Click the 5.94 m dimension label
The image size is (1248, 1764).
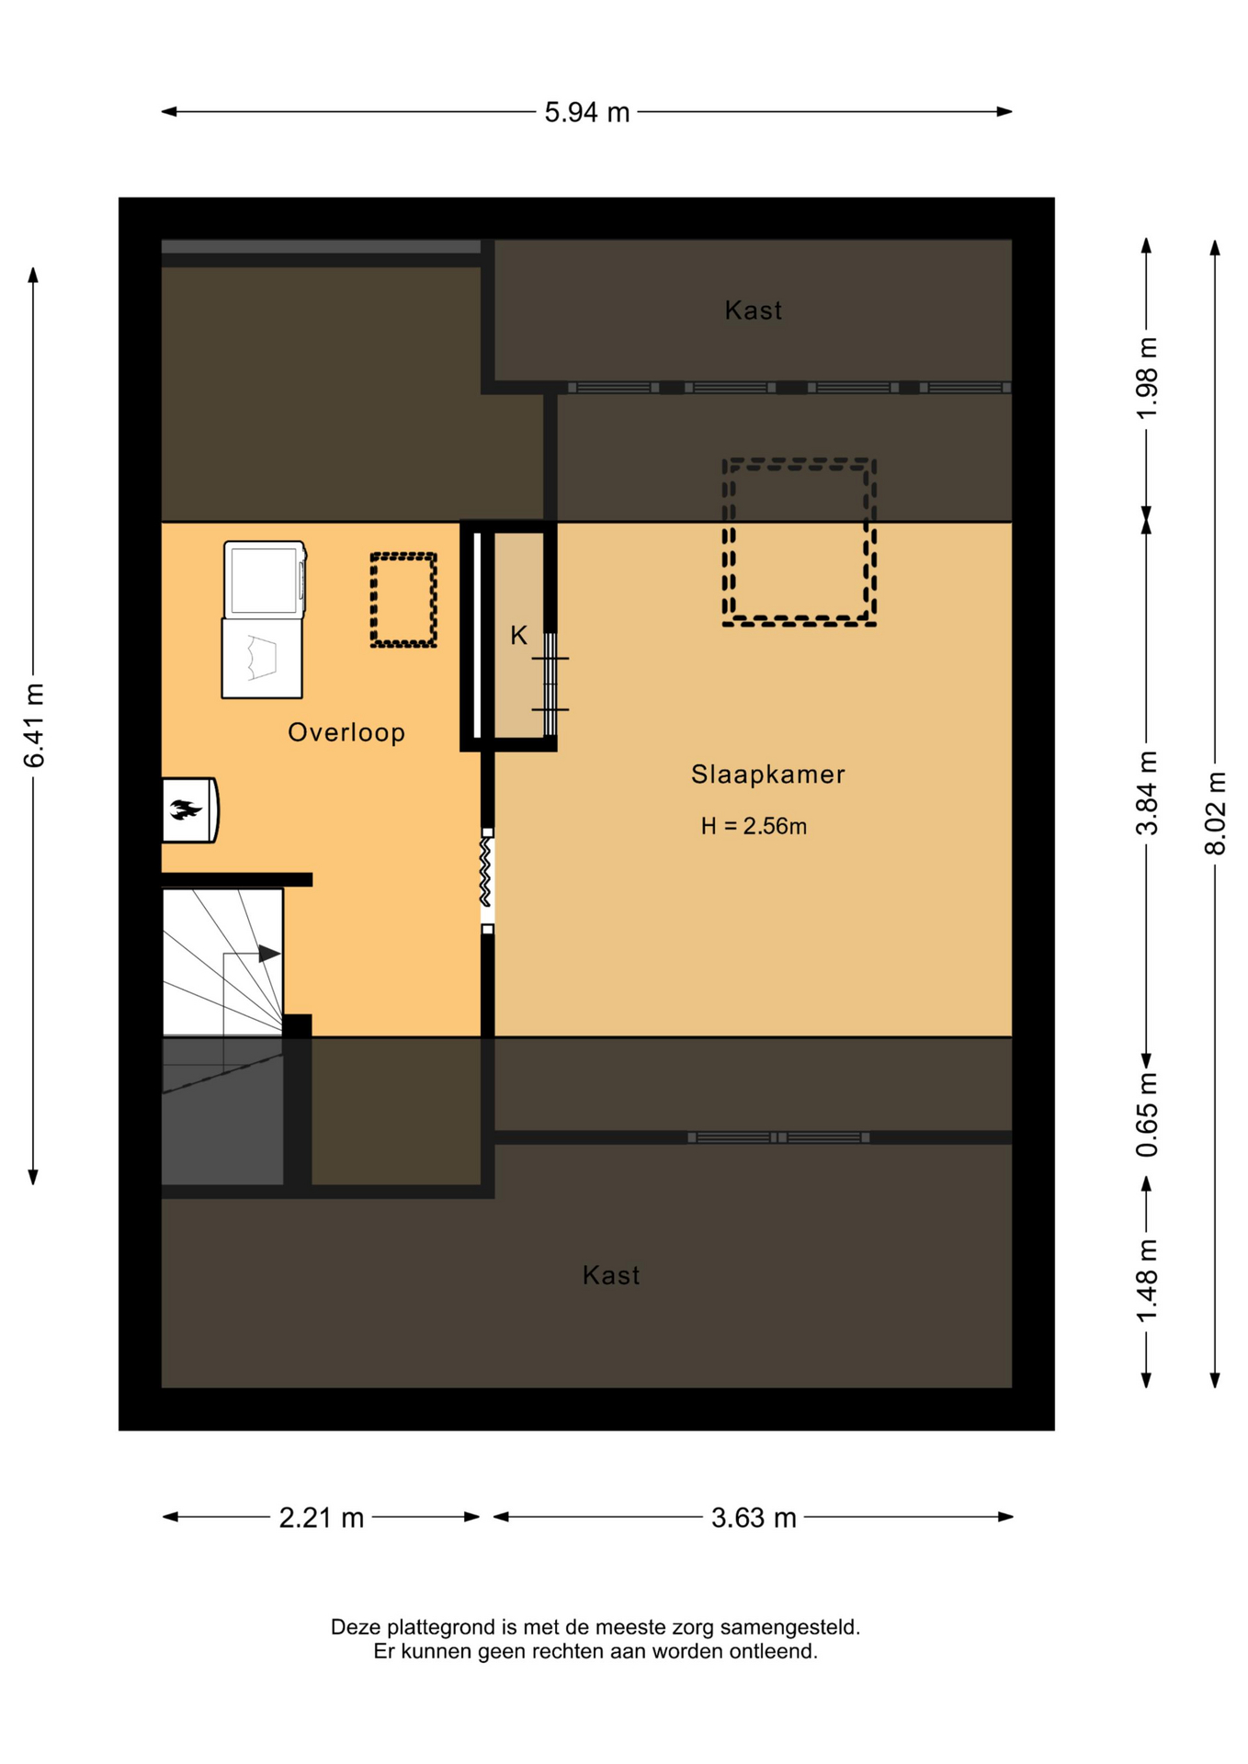(x=586, y=112)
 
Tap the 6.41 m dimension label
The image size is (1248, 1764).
(x=34, y=725)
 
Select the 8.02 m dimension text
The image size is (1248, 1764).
(x=1215, y=813)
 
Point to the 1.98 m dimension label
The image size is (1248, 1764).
(x=1147, y=378)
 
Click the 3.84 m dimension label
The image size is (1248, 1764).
(x=1147, y=793)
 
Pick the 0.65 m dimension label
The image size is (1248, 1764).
(x=1147, y=1114)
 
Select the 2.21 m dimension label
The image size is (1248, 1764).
(x=322, y=1518)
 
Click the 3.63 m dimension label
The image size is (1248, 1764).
(x=754, y=1518)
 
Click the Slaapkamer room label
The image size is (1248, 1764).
(x=767, y=775)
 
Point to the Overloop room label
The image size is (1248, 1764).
(x=346, y=732)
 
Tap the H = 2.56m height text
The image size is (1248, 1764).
(x=754, y=826)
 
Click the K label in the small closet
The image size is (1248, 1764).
(x=519, y=635)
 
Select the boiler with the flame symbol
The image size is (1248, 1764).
(x=190, y=809)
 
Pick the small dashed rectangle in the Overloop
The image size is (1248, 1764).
(x=403, y=556)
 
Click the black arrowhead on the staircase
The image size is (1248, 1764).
(x=269, y=954)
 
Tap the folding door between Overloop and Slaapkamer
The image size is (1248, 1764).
(x=487, y=881)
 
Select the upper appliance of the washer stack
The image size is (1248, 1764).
(x=265, y=579)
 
